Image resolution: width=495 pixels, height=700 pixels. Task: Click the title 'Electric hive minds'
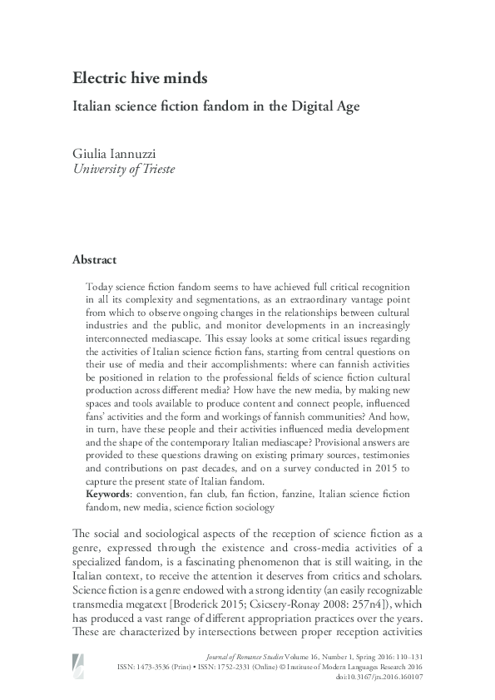139,79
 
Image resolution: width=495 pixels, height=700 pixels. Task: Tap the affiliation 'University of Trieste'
124,170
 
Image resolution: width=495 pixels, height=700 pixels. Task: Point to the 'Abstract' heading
94,259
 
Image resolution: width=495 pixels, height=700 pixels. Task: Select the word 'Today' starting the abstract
101,283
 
